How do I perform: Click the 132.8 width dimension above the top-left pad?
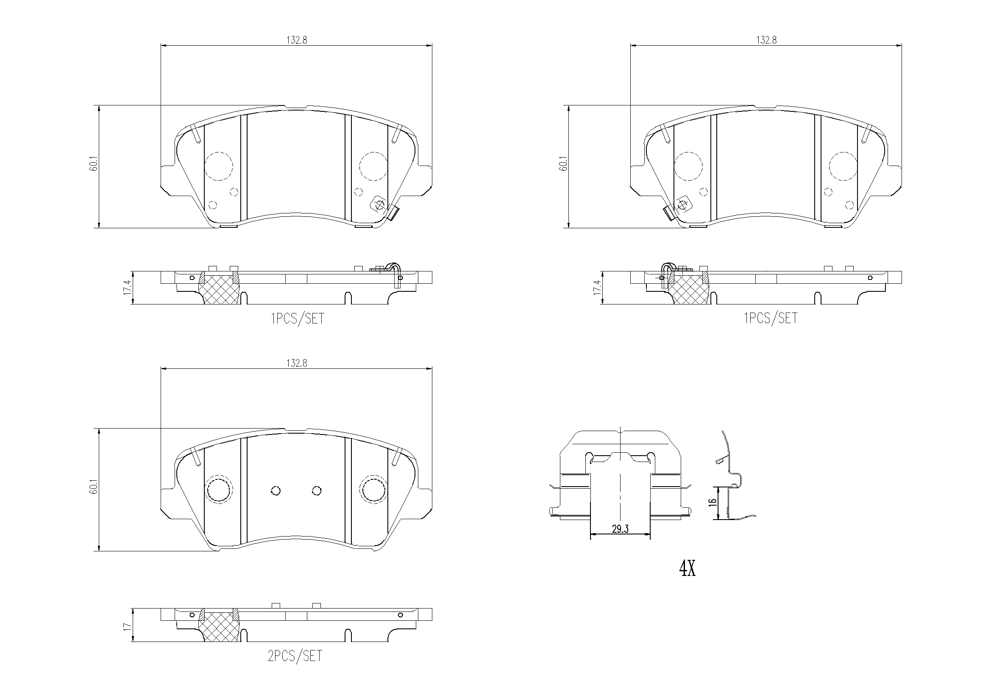click(x=297, y=40)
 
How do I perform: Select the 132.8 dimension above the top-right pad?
click(x=766, y=40)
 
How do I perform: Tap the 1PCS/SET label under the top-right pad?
click(x=771, y=318)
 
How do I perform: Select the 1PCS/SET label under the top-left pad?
click(x=297, y=319)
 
